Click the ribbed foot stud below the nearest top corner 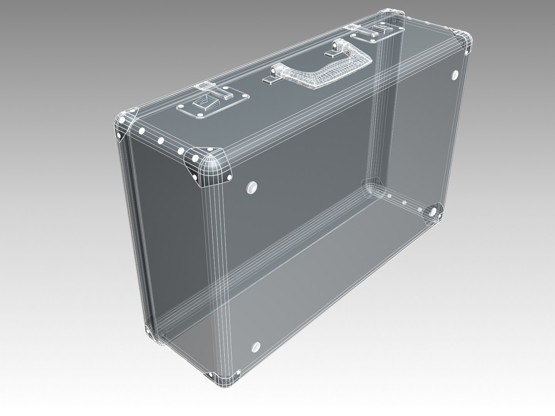pyautogui.click(x=251, y=188)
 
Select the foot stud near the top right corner pyautogui.click(x=455, y=74)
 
